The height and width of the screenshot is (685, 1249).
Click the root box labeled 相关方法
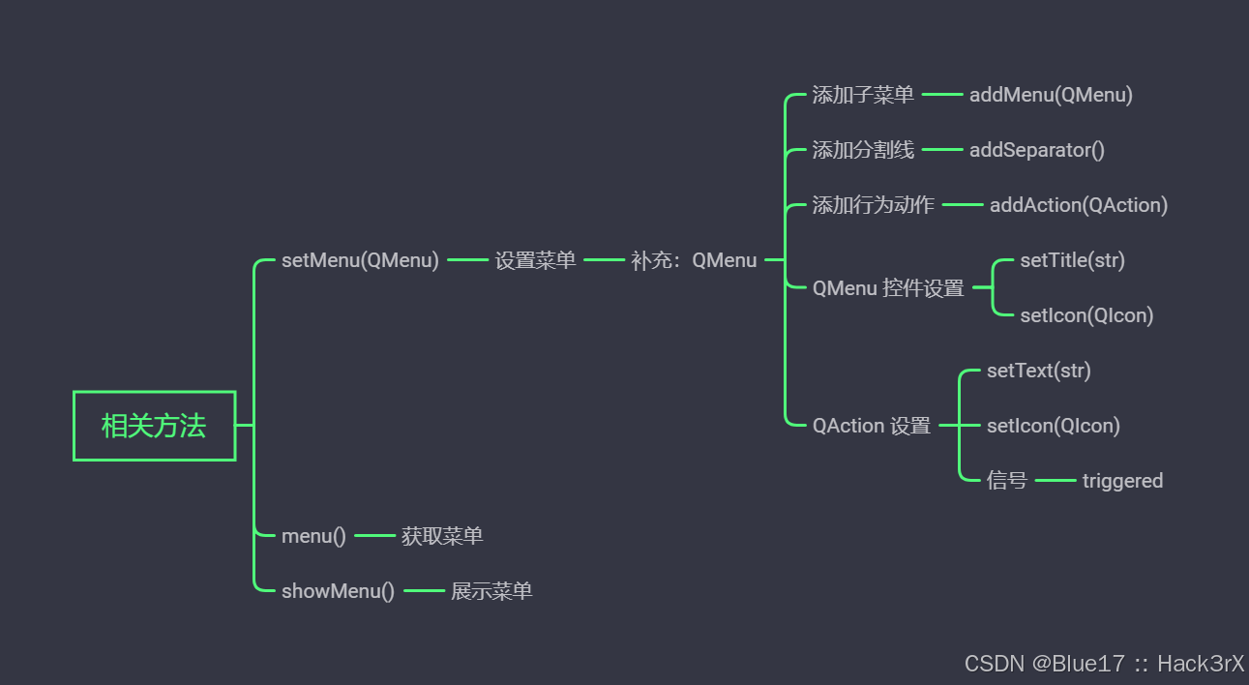[155, 426]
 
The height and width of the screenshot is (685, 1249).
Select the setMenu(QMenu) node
[360, 260]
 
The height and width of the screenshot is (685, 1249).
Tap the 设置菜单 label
[535, 260]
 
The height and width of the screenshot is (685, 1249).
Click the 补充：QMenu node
[694, 260]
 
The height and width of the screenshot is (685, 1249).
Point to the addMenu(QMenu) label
[1051, 95]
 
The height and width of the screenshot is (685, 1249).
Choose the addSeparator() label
[1036, 150]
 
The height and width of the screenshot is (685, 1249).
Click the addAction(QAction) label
[1078, 205]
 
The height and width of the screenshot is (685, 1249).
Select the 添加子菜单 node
[863, 95]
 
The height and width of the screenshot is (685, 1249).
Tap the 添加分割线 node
[863, 150]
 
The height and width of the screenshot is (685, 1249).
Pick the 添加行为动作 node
[873, 205]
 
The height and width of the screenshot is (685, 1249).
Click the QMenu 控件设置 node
[888, 288]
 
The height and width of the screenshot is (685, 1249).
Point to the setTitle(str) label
[1072, 260]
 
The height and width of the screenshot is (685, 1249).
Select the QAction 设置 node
[872, 426]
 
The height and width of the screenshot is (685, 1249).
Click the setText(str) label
[1038, 371]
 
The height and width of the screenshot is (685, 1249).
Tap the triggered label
[1122, 481]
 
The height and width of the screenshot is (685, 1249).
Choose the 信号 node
[1007, 481]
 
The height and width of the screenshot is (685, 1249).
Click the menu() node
[313, 536]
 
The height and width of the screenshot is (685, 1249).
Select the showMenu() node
[338, 591]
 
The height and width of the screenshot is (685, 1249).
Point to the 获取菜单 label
[442, 536]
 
